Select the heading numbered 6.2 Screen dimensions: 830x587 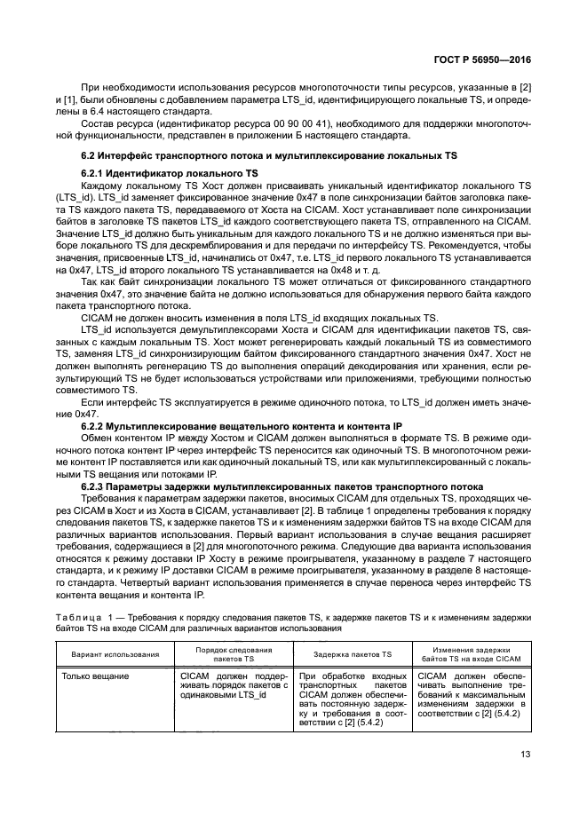(x=268, y=155)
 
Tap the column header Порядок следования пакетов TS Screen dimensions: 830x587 (x=234, y=653)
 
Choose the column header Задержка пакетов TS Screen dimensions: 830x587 (x=353, y=653)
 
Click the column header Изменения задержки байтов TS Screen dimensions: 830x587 (x=472, y=653)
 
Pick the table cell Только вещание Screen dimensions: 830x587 (x=95, y=676)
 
